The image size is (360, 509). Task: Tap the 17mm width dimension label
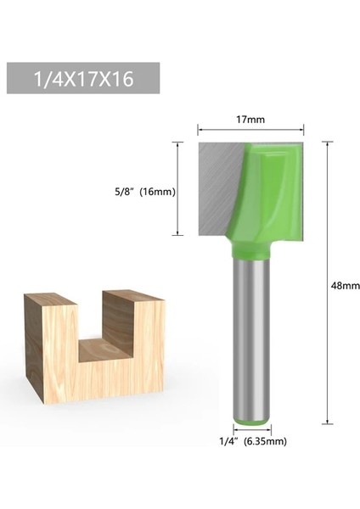[x=250, y=119]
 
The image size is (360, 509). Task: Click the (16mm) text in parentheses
[x=159, y=191]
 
